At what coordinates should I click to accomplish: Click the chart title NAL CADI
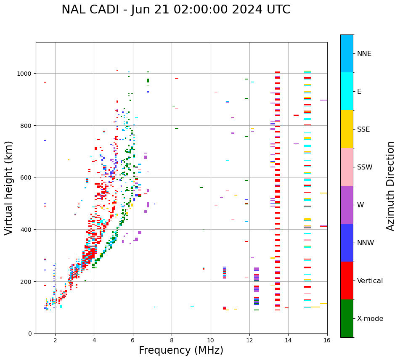176,10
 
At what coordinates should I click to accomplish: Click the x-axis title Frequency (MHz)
181,350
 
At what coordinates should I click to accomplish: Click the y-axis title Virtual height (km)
9,188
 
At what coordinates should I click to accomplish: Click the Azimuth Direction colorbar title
391,186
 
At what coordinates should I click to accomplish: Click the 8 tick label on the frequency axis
172,340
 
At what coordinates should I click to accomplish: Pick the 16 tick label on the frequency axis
327,340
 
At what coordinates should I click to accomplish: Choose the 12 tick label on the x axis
249,340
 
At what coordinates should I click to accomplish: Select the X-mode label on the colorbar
370,319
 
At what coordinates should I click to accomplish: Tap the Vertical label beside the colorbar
370,281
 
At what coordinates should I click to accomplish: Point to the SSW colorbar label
365,167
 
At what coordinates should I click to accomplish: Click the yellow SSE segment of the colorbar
347,129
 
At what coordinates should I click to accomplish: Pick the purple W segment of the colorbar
347,205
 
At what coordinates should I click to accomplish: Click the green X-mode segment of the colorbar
347,318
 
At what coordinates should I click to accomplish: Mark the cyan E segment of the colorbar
347,91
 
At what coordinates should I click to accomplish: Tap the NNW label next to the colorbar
366,243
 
